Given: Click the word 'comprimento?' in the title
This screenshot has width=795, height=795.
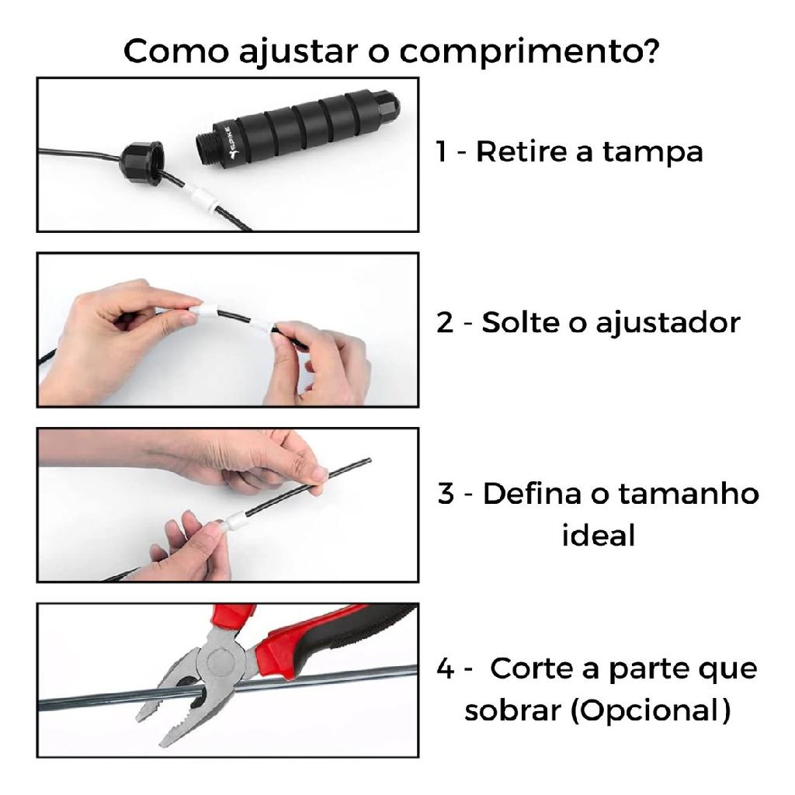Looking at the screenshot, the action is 529,52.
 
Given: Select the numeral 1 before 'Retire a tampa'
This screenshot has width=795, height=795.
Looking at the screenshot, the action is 442,151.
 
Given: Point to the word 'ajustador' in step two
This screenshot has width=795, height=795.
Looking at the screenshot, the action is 668,324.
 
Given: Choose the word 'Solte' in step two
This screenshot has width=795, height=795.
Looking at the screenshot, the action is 519,322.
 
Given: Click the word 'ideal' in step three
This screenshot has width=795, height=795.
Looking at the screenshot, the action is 599,536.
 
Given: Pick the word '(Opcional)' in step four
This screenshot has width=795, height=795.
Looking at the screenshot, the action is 651,711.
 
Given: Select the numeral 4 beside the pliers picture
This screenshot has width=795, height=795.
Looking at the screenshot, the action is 445,668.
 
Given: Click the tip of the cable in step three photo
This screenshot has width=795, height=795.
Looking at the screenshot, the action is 369,460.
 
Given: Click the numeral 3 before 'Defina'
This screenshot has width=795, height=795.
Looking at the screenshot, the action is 446,493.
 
